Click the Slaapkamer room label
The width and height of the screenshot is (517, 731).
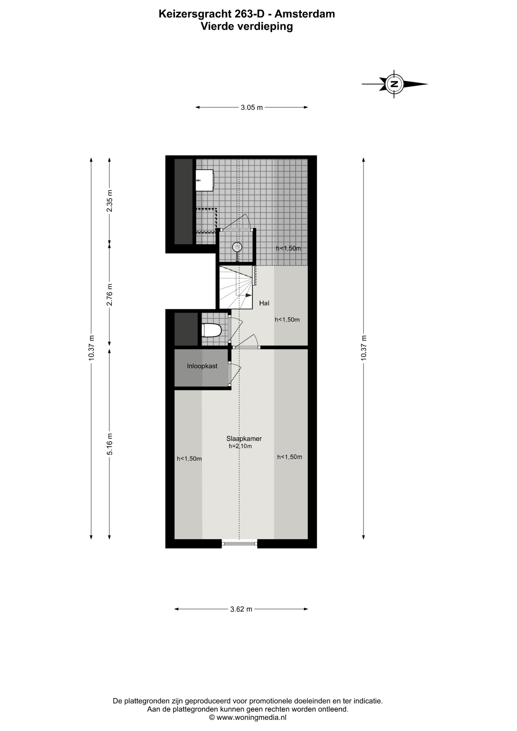244,438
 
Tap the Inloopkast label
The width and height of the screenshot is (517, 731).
202,366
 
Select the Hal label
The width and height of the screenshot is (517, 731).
264,303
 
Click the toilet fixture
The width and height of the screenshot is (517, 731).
211,330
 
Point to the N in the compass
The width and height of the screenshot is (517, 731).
395,84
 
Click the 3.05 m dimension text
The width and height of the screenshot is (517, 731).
252,107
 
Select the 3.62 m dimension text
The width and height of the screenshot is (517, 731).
241,609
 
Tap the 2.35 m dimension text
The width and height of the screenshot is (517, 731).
110,201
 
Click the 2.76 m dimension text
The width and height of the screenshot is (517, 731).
110,295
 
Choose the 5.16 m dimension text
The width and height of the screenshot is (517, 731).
110,444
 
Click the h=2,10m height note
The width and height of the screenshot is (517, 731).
240,446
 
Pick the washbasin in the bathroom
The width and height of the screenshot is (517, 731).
204,180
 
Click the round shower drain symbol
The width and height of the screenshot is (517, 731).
237,247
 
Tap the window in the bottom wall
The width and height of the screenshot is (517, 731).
239,543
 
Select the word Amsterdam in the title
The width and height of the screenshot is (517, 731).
305,14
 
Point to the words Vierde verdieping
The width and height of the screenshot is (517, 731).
247,26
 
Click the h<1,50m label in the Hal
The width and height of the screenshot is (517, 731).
287,319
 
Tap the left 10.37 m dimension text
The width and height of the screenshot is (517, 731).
91,348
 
